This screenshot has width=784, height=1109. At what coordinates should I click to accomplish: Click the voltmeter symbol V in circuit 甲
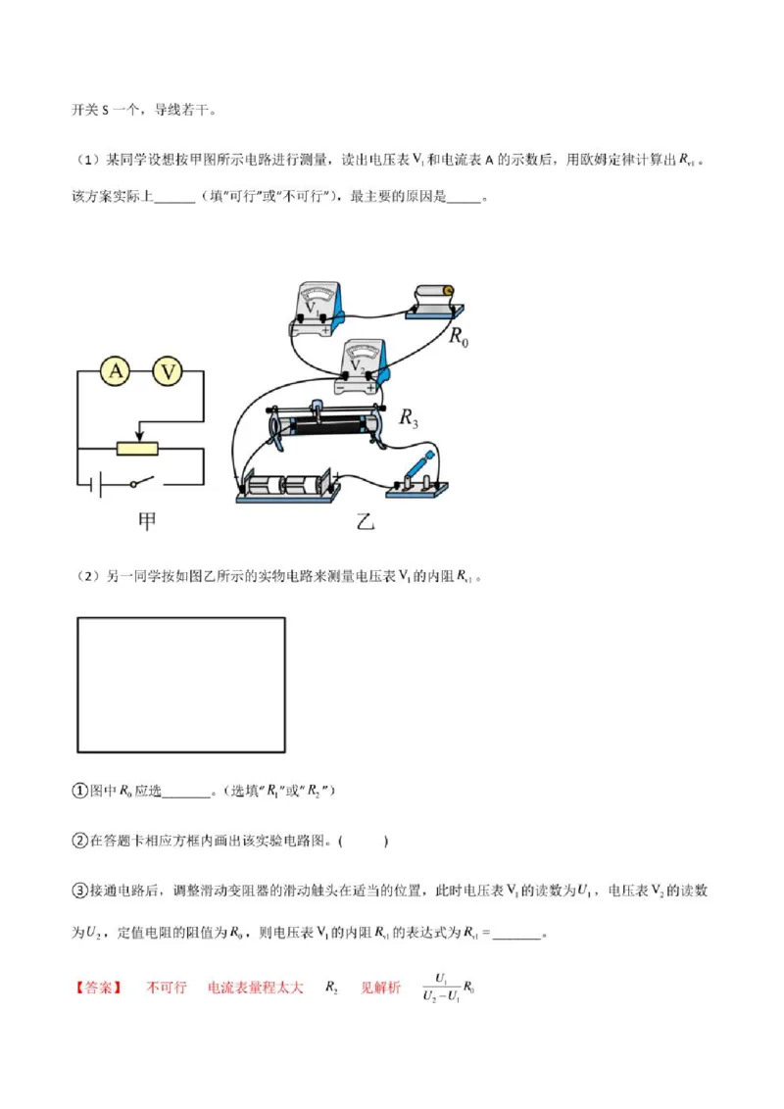(x=170, y=371)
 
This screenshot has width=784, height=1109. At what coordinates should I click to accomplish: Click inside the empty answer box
(x=180, y=684)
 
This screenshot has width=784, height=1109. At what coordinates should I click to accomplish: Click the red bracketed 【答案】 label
(x=100, y=988)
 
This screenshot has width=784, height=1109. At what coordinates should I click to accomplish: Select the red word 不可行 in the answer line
(x=166, y=988)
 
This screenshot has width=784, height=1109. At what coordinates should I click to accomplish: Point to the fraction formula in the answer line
(x=448, y=988)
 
